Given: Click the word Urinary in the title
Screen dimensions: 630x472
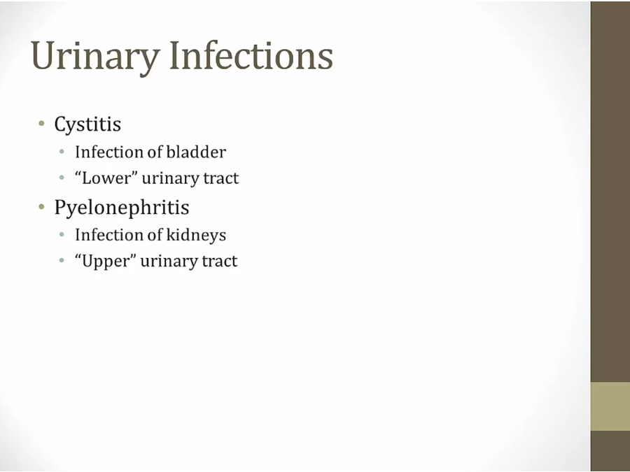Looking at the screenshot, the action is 95,56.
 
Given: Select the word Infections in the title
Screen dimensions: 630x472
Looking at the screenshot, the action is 251,55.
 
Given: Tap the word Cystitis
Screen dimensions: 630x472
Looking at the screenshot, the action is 87,124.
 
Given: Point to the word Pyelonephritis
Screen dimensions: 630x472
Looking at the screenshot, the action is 122,208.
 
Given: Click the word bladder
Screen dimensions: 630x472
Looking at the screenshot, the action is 196,152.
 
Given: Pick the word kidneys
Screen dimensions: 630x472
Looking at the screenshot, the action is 196,235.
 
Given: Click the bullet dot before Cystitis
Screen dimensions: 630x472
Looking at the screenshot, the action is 41,123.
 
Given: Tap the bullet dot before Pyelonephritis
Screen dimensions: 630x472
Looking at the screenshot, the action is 41,207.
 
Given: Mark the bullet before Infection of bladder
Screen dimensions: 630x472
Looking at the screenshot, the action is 62,152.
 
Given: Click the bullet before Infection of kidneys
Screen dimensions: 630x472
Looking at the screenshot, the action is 62,234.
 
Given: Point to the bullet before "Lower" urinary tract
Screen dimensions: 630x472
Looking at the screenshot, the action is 62,178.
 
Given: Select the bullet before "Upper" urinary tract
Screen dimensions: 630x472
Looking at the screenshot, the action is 62,261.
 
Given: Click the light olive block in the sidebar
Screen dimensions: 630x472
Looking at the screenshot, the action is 610,406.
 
